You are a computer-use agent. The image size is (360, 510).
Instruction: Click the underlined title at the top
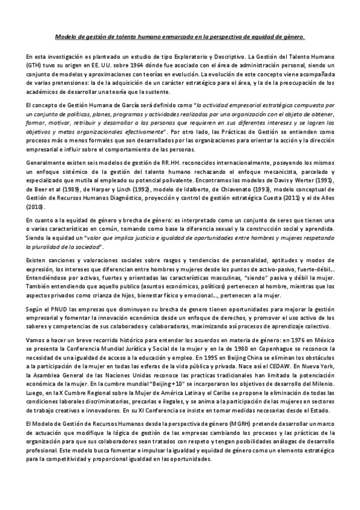(180, 36)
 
